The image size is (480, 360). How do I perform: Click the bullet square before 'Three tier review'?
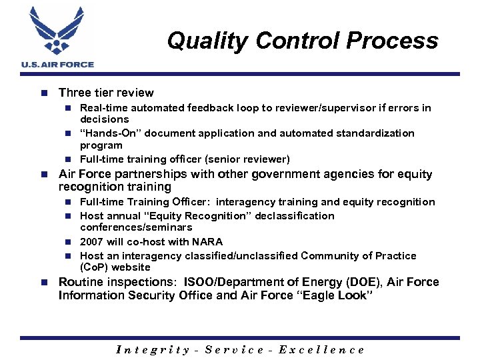coord(43,93)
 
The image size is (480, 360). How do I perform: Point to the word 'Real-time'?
coord(103,107)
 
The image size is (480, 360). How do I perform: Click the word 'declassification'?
coord(293,216)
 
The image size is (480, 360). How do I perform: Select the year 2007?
coord(91,242)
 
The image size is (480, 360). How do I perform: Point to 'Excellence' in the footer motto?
coord(321,349)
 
